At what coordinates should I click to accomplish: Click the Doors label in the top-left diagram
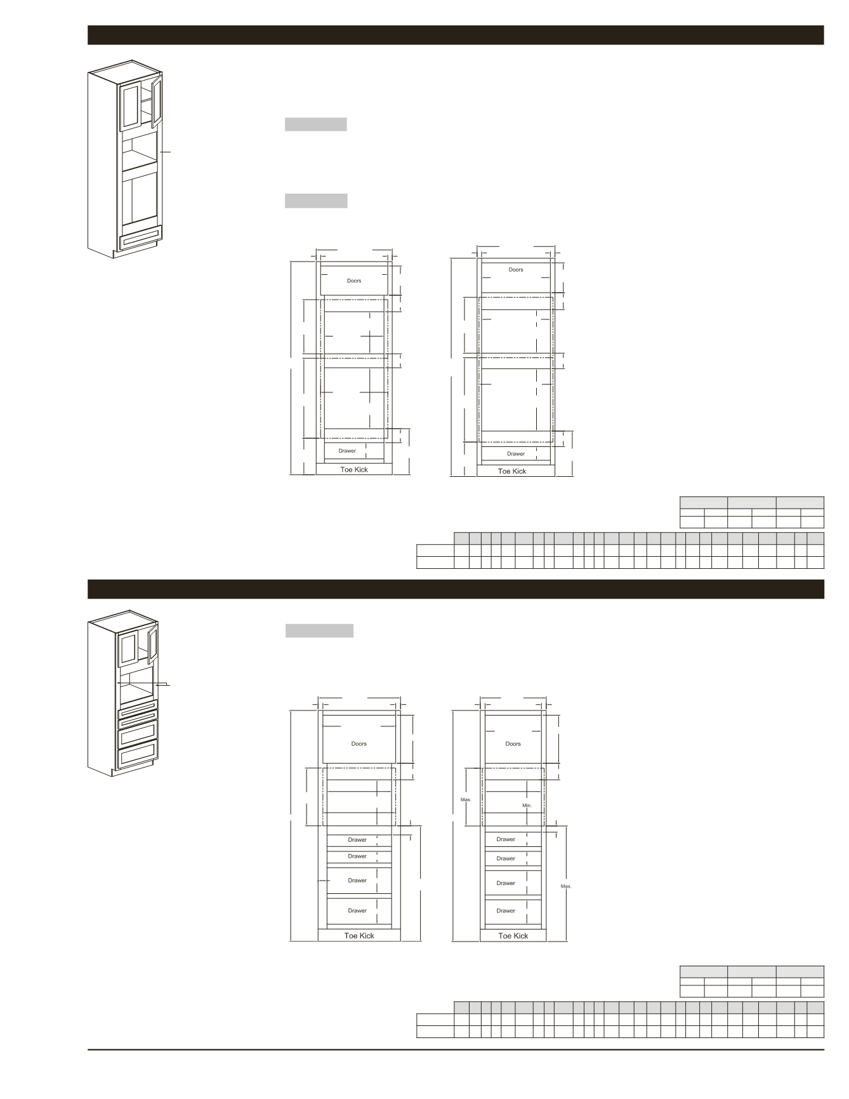coord(354,281)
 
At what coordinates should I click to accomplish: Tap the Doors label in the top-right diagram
coord(516,270)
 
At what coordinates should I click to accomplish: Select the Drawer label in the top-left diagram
coord(347,451)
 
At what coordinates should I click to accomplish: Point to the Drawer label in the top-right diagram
coord(516,454)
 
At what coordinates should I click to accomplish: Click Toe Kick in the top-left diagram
coord(354,470)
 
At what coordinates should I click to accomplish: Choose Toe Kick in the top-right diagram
coord(512,471)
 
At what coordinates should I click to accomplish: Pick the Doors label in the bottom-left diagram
coord(359,743)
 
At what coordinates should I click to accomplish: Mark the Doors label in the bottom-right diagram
coord(513,743)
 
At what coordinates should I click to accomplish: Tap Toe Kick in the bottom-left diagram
coord(359,936)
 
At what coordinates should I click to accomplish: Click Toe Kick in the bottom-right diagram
coord(513,936)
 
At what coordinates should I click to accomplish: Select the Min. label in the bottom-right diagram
coord(527,805)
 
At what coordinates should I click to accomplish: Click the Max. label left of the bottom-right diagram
coord(466,799)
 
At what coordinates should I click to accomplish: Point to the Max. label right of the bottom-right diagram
coord(566,886)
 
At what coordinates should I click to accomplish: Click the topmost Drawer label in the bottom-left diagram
coord(357,839)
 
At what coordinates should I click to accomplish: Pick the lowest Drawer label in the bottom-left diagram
coord(357,910)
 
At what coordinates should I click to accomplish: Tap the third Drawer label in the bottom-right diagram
coord(506,883)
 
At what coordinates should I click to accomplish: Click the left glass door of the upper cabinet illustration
coord(131,105)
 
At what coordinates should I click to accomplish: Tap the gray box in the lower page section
coord(319,630)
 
